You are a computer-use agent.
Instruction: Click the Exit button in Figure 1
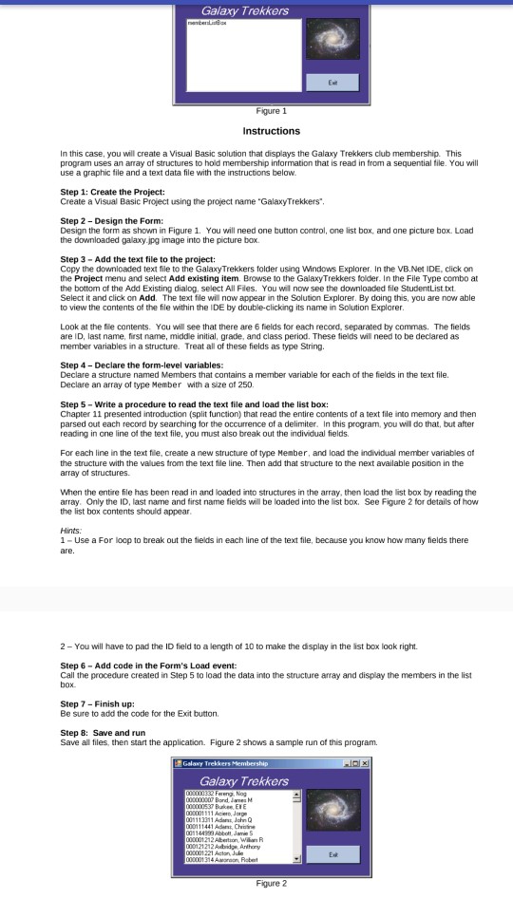(x=332, y=81)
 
